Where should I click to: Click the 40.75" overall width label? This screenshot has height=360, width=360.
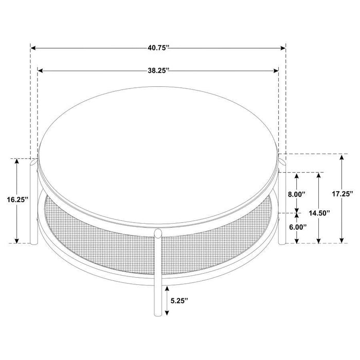click(x=158, y=48)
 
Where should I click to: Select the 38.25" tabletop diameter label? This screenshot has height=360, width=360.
click(x=159, y=71)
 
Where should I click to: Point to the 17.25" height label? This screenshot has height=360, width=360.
click(x=342, y=194)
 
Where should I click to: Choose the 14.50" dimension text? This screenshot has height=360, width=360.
click(x=319, y=212)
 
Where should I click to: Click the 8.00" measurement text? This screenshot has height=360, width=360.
click(x=297, y=194)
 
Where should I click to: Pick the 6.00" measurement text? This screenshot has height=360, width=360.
click(x=297, y=227)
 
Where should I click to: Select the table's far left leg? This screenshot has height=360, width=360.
click(x=34, y=206)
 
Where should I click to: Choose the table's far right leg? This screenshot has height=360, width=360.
click(x=282, y=206)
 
